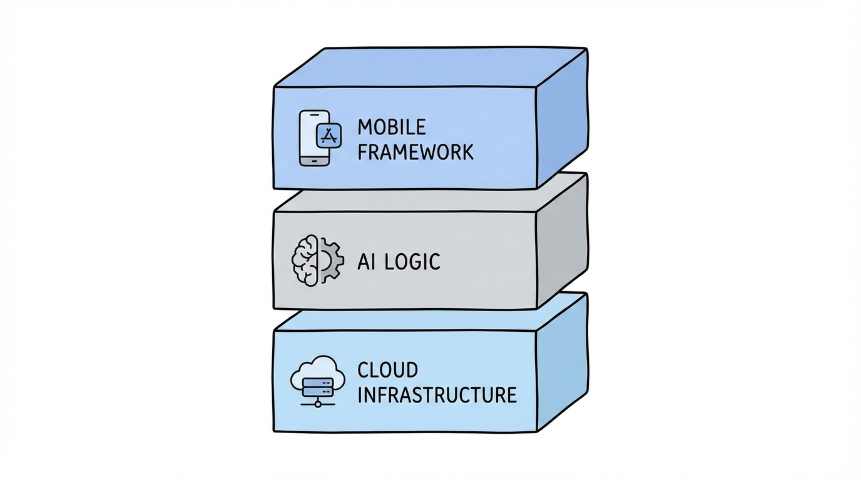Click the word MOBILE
point(392,127)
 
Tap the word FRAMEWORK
point(415,152)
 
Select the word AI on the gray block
point(365,262)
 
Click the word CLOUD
point(387,370)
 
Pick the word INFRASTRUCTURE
point(437,395)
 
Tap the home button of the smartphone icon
point(315,161)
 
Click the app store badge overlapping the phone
point(329,134)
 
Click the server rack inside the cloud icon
point(318,385)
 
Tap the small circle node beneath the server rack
point(318,404)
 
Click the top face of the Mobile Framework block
point(432,67)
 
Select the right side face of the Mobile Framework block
point(562,119)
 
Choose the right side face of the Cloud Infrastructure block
point(562,362)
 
